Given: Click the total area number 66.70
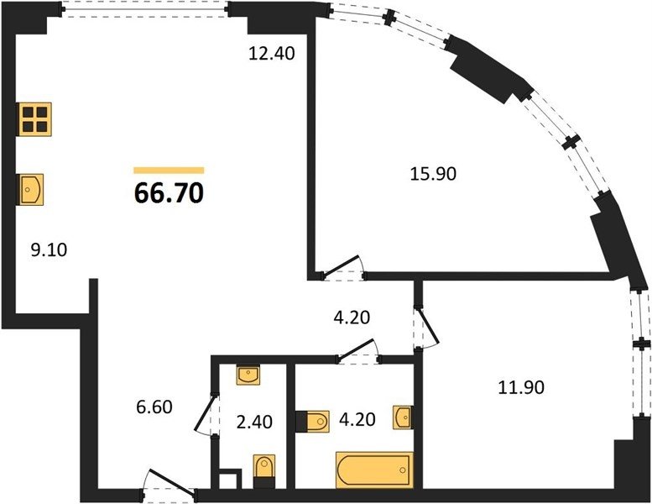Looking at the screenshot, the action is (169, 193).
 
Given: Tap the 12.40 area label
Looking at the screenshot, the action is (272, 53).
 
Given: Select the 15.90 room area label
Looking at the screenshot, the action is (433, 174).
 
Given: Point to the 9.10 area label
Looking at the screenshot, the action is (49, 250).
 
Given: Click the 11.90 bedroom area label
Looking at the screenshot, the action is (521, 387).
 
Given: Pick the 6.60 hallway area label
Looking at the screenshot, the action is (154, 407).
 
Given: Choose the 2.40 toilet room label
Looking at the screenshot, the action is (254, 422).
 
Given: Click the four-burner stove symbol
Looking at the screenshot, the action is (34, 119).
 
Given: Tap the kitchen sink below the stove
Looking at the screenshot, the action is (30, 189).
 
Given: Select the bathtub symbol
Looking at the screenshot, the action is (374, 470).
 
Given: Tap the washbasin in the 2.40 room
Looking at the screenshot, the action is (248, 375).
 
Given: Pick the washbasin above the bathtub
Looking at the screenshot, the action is (403, 417).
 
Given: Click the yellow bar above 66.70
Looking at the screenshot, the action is (169, 170).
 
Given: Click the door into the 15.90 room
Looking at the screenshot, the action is (344, 268).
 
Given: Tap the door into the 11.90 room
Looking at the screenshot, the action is (426, 328).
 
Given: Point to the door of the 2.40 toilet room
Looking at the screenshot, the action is (207, 415).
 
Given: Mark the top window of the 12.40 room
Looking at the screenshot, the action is (145, 9).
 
